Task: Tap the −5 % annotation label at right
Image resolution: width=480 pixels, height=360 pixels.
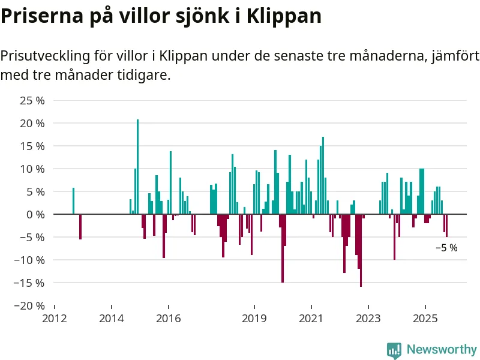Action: tap(446, 248)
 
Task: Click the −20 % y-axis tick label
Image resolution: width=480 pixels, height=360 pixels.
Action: tap(29, 305)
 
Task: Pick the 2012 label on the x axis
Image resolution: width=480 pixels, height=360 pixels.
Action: tap(55, 317)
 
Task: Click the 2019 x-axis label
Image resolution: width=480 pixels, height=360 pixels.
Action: tap(254, 317)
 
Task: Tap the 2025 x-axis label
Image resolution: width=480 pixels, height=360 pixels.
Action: tap(425, 317)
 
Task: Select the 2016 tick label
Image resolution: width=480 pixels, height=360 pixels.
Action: tap(169, 317)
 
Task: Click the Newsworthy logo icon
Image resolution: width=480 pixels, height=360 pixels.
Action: tap(394, 350)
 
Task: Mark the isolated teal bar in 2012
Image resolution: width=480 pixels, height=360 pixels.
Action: tap(73, 201)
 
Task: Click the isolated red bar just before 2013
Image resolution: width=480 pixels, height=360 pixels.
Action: tap(80, 227)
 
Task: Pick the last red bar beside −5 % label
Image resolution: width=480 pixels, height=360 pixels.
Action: tap(446, 226)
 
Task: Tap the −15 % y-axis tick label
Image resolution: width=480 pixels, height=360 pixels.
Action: tap(29, 283)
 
